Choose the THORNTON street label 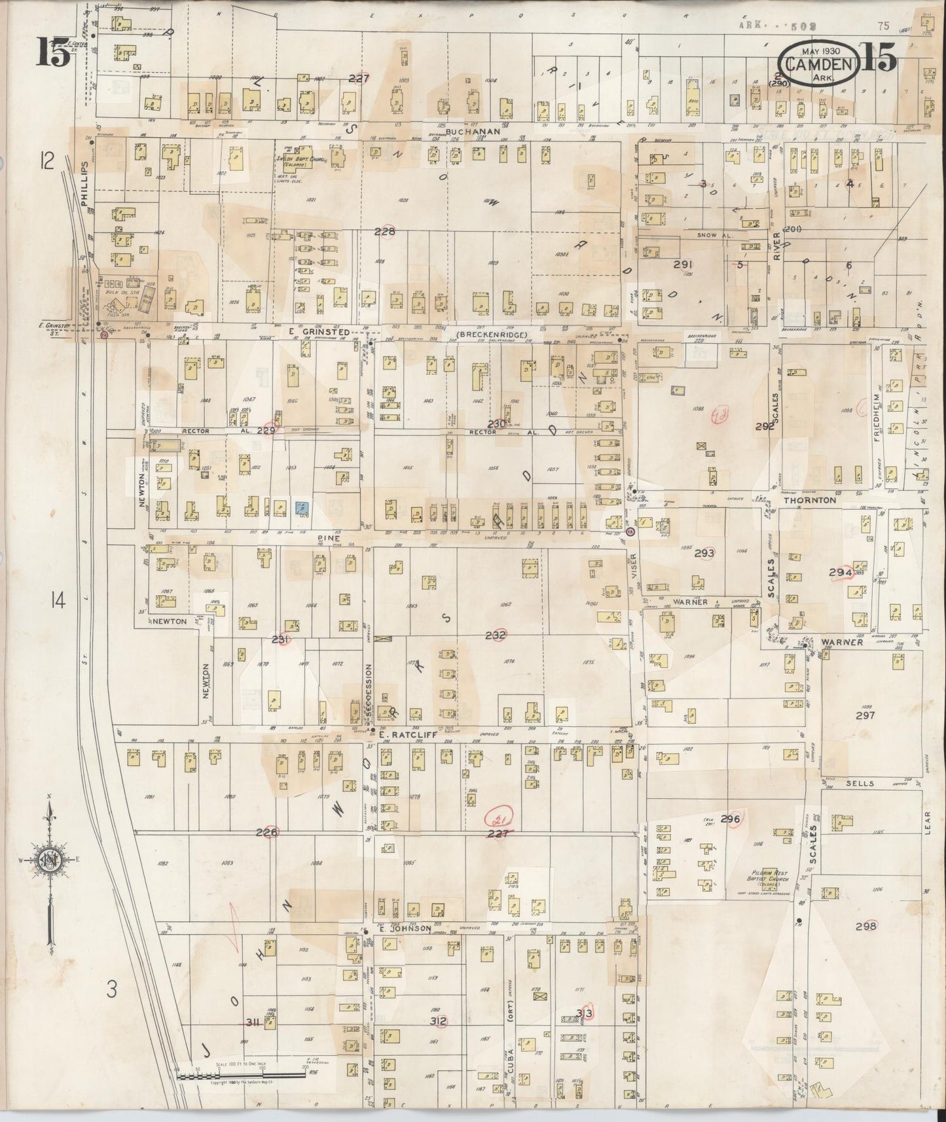click(x=810, y=499)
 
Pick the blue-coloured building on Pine click(x=302, y=507)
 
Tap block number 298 click(x=865, y=926)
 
